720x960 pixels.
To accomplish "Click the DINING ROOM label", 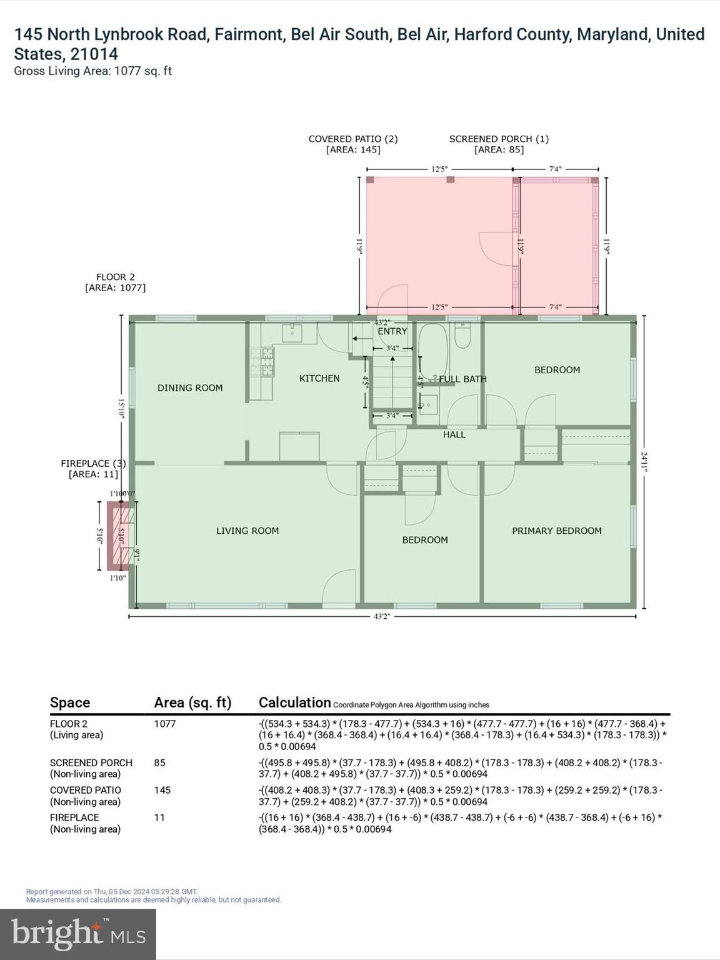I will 190,388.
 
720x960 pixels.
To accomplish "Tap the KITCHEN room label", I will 319,379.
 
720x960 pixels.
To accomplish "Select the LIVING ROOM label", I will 247,531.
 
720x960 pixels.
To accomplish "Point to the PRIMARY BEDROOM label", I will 557,531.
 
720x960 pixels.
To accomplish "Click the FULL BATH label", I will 462,379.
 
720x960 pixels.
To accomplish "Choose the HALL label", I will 454,434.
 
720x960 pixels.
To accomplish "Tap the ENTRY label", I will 392,331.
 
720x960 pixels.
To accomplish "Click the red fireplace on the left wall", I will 120,536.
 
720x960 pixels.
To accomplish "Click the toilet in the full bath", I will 462,336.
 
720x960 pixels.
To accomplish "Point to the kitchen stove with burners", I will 262,362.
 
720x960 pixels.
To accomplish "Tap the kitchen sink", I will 291,333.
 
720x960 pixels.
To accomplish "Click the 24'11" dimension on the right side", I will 644,462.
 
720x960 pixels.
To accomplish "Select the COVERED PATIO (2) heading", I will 353,139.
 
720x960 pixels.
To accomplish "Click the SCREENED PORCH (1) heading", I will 499,139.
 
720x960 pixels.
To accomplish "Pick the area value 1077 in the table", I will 165,724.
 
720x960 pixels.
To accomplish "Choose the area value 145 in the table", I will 162,790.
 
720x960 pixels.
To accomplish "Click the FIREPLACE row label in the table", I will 74,817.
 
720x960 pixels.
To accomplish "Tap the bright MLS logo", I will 78,934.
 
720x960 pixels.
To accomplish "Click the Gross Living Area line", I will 93,71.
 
